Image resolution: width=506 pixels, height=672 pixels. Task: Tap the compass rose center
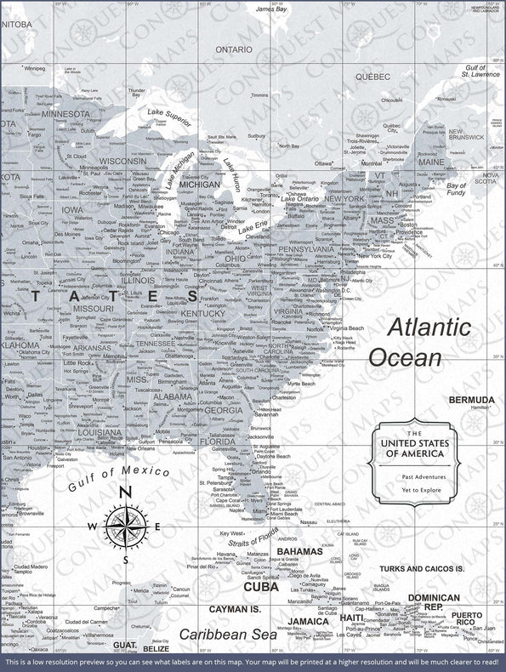pos(125,527)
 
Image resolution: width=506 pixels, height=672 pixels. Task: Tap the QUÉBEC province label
pos(372,76)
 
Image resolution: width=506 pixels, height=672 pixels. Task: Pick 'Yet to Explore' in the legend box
pos(412,490)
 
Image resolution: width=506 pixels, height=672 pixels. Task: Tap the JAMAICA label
pos(308,621)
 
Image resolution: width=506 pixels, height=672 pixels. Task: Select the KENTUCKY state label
pos(203,313)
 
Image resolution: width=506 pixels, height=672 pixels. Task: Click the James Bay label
pos(270,9)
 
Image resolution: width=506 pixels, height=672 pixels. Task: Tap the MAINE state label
pos(430,162)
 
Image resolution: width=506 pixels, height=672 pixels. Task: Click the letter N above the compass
pos(125,493)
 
